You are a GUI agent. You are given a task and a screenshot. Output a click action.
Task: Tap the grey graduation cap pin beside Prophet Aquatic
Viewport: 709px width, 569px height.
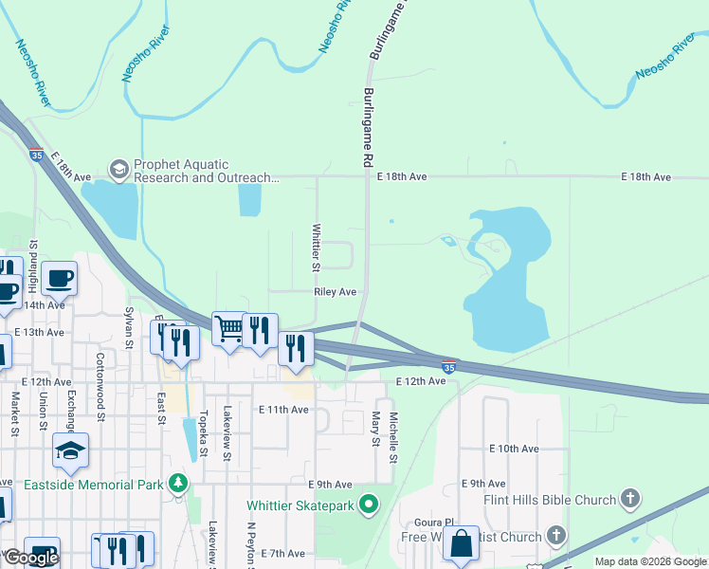click(118, 170)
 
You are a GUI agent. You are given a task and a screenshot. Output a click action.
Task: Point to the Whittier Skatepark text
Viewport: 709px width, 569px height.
click(301, 505)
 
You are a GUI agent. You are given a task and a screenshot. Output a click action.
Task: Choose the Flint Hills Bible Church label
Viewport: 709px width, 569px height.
click(549, 499)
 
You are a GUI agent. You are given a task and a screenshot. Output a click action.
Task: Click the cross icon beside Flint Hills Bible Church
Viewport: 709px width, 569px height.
click(630, 499)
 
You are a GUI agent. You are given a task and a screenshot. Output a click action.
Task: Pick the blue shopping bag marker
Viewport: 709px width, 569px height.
click(461, 545)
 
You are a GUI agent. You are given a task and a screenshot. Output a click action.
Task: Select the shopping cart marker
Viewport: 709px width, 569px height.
click(229, 329)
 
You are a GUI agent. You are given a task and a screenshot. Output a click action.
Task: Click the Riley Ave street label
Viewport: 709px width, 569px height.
click(335, 292)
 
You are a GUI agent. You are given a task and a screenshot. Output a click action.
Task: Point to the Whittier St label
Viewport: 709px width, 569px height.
click(317, 247)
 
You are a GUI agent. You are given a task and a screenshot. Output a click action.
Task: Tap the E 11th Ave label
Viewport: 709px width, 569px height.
click(283, 410)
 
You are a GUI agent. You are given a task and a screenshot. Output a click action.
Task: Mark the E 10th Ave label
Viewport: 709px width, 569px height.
click(514, 448)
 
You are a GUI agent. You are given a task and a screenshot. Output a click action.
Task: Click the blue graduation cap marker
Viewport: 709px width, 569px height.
click(70, 450)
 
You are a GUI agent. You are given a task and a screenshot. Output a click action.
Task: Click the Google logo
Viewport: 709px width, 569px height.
click(31, 558)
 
